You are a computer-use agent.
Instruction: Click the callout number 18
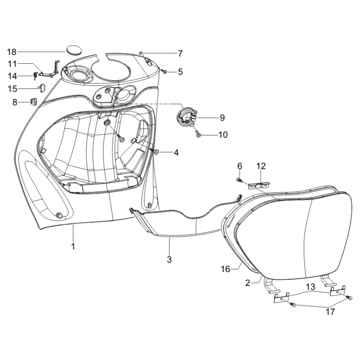(12, 51)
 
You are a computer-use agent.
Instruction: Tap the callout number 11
(12, 64)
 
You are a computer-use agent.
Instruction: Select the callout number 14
(12, 76)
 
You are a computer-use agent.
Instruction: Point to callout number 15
(12, 88)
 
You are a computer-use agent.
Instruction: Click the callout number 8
(14, 102)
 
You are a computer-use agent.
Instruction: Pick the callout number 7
(180, 53)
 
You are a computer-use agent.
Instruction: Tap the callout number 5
(180, 71)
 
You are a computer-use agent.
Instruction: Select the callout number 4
(176, 152)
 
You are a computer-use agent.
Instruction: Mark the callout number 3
(168, 259)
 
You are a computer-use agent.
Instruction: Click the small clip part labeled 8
(35, 101)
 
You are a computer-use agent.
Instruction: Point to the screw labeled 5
(164, 71)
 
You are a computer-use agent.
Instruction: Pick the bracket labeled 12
(259, 182)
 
